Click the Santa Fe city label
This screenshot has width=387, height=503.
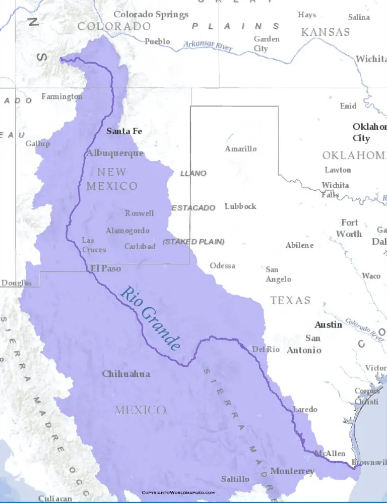coord(124,131)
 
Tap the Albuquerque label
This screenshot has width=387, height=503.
coord(115,153)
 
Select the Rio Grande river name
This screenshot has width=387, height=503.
coord(150,318)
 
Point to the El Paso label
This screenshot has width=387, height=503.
coord(106,268)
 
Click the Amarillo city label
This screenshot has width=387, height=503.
coord(240,149)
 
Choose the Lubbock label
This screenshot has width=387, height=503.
coord(240,206)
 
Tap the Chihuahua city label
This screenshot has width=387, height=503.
coord(126,374)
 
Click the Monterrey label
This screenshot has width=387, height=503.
coord(292,471)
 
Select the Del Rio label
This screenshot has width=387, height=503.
coord(266,349)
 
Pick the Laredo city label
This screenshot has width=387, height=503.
coord(305,409)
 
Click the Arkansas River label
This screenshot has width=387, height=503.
coord(208,46)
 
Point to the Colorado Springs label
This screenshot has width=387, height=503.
coord(151,15)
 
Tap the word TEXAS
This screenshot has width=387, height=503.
coord(290,301)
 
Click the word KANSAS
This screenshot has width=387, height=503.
coord(325,32)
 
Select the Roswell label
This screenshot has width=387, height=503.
coord(139,213)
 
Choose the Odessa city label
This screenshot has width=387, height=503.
coord(222,265)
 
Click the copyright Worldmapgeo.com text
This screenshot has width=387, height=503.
coord(178,492)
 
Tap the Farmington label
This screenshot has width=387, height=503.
coord(61,96)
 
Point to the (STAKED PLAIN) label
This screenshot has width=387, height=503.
coord(193,242)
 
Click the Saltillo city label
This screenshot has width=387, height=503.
coord(235,479)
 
